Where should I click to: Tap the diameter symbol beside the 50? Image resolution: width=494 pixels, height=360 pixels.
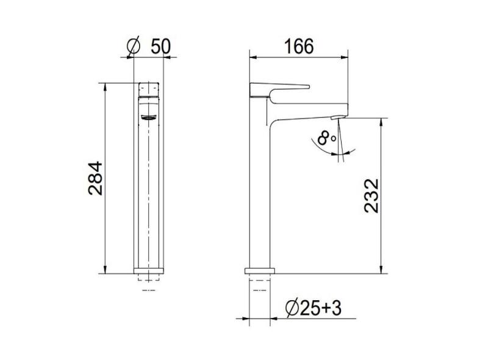click(x=135, y=46)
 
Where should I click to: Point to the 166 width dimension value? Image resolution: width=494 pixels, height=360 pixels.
click(x=299, y=46)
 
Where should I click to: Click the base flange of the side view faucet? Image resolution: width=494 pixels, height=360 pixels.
click(x=260, y=270)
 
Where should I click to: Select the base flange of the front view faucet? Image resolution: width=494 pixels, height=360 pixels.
click(x=149, y=270)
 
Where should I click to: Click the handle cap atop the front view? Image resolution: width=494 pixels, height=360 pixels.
click(x=149, y=88)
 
